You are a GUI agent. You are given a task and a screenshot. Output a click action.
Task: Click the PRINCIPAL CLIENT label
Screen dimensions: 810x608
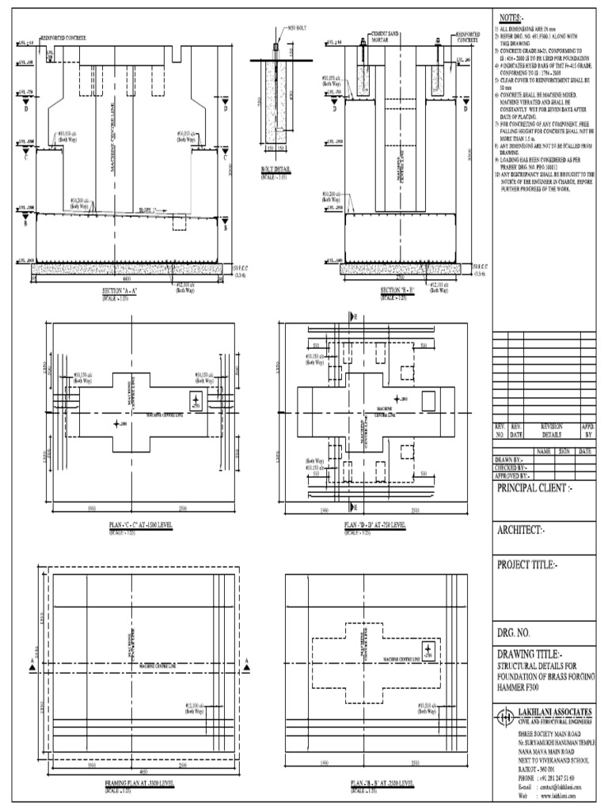pos(534,489)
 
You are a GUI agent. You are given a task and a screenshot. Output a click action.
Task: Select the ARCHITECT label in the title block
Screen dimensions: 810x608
pos(522,529)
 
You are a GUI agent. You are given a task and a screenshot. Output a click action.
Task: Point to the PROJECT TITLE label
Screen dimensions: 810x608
pos(528,565)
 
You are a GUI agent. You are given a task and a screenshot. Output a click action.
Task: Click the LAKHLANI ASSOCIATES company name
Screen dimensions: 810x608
pos(557,712)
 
